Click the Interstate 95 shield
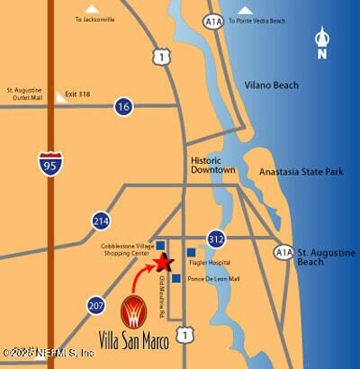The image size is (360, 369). coord(51,163)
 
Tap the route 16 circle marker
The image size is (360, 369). coord(123,108)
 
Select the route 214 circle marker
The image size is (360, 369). coord(100,220)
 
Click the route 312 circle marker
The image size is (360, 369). coord(215,238)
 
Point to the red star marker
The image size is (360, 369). coord(163,263)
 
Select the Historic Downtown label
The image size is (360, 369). coord(212,165)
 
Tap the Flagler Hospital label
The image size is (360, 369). coord(209,263)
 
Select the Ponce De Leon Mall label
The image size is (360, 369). coord(211,279)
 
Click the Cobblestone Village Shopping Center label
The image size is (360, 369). coord(123,249)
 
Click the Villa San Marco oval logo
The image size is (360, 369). coord(133,314)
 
